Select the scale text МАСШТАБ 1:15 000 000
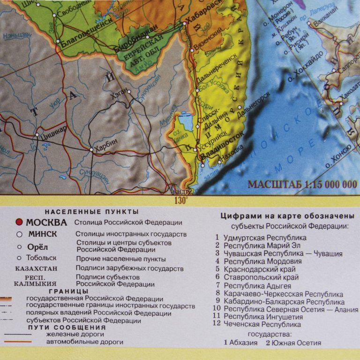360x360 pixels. pos(302,184)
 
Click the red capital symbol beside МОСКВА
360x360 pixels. pos(19,222)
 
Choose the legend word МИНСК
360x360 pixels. pos(43,234)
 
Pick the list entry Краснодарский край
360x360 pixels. pos(259,269)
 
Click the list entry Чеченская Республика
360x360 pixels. pos(262,324)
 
